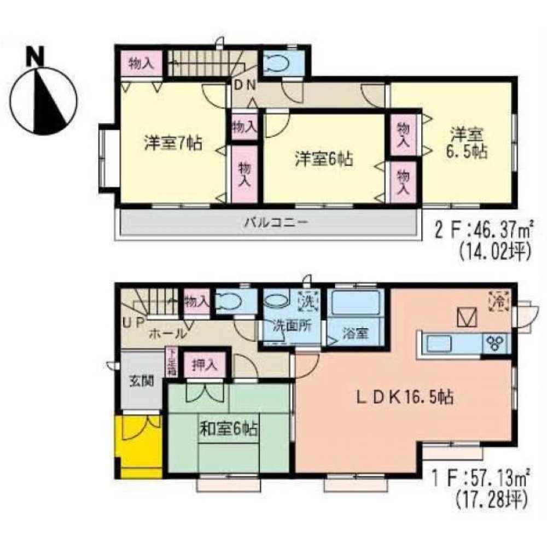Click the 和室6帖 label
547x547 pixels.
click(x=228, y=429)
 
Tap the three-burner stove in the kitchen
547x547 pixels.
click(x=497, y=344)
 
